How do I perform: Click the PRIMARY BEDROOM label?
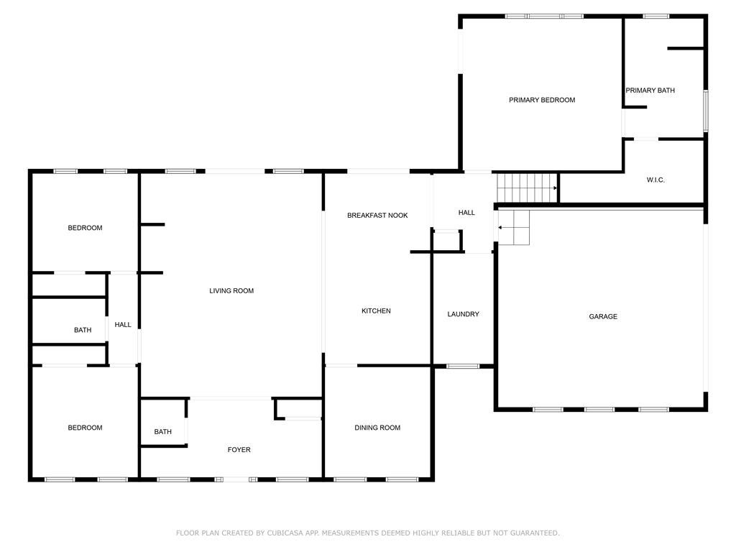point(542,100)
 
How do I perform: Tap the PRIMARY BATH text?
point(650,91)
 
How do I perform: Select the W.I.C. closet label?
point(655,180)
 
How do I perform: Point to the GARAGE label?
point(603,316)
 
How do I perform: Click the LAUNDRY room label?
point(463,314)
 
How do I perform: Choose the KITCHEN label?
point(376,310)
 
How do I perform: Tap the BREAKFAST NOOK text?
point(377,216)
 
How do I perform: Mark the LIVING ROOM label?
point(231,291)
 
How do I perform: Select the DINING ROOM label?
point(377,428)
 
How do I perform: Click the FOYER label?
point(239,450)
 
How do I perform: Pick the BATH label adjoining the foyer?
point(162,432)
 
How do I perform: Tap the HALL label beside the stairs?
point(466,213)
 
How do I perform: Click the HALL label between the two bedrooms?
point(123,325)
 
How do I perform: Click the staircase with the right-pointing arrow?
point(528,188)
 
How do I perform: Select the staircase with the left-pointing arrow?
point(514,227)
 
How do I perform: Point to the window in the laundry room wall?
point(463,367)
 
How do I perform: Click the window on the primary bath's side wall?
point(706,111)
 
